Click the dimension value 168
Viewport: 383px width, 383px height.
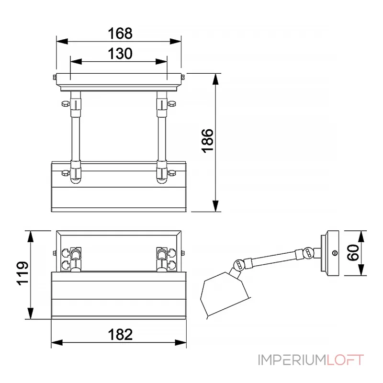(x=119, y=34)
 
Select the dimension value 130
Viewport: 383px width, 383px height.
(x=119, y=54)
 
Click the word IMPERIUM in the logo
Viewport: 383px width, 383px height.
(x=292, y=360)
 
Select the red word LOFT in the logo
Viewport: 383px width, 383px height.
(x=346, y=360)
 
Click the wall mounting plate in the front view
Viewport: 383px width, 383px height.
(x=119, y=81)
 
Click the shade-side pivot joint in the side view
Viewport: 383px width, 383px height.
(x=238, y=264)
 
